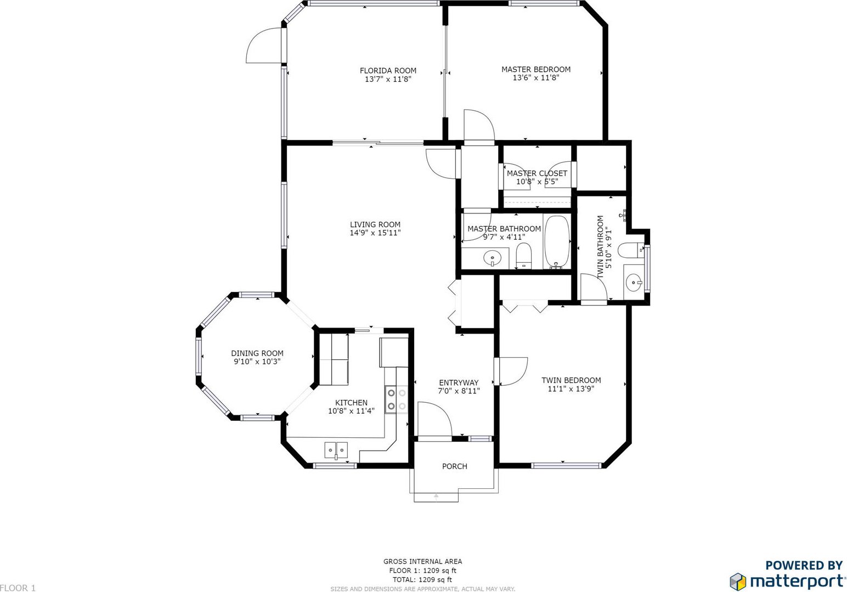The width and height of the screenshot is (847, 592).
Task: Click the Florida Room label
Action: (388, 71)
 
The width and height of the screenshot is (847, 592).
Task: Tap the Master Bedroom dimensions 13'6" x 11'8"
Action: (536, 78)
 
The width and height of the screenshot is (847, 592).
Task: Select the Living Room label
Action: (375, 224)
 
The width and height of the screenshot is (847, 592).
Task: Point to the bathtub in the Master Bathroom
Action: (557, 242)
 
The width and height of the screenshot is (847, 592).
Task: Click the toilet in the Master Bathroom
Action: (524, 256)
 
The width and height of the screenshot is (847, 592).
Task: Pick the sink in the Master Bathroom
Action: (493, 258)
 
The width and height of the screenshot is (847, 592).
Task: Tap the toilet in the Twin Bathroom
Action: (631, 250)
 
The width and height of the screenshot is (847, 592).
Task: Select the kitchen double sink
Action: (336, 450)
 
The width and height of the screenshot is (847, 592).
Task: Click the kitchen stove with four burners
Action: (397, 399)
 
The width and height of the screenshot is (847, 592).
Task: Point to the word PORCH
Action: (455, 466)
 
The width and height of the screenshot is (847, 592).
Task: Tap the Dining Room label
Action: (257, 353)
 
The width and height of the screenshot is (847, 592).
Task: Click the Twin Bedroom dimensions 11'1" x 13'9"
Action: (571, 389)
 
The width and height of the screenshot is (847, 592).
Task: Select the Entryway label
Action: (459, 382)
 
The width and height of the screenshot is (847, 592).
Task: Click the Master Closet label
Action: (537, 173)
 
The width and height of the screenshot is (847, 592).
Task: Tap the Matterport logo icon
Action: (738, 582)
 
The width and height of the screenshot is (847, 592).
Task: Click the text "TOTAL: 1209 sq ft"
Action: (422, 579)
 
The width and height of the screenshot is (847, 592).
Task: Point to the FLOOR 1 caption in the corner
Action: (18, 588)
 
